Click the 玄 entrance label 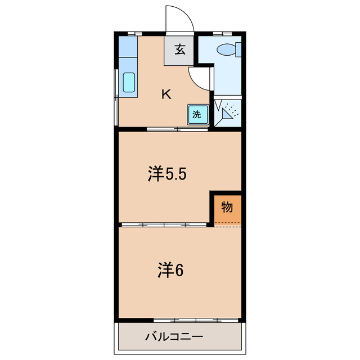[x=179, y=49]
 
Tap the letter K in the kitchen [x=166, y=94]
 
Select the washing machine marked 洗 [x=197, y=115]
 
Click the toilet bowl [x=227, y=50]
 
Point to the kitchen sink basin [x=129, y=83]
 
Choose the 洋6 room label [x=170, y=271]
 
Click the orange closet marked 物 [x=227, y=208]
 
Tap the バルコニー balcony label [x=173, y=338]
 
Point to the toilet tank [x=239, y=49]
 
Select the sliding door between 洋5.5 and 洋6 [x=166, y=225]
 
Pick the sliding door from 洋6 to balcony [x=197, y=321]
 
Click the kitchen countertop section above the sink [x=128, y=54]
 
